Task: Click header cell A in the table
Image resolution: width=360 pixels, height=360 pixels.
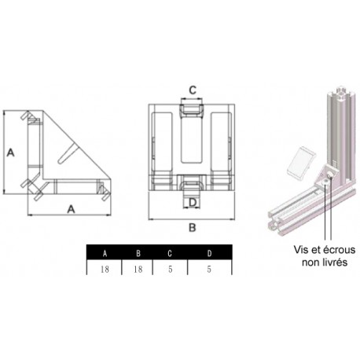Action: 105,253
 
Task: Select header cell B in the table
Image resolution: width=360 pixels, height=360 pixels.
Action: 138,253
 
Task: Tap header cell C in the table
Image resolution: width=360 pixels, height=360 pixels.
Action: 171,253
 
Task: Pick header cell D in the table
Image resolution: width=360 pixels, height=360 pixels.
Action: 208,253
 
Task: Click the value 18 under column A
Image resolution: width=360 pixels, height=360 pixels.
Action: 105,268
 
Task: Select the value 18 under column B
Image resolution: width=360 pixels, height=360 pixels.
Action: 138,268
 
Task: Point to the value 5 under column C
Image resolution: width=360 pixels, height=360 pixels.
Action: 171,268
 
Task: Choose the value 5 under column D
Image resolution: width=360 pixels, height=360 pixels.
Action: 208,268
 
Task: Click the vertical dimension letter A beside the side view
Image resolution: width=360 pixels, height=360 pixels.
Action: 11,153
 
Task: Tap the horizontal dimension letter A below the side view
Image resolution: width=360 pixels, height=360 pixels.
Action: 71,209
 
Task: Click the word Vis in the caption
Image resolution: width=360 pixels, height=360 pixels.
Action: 301,249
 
